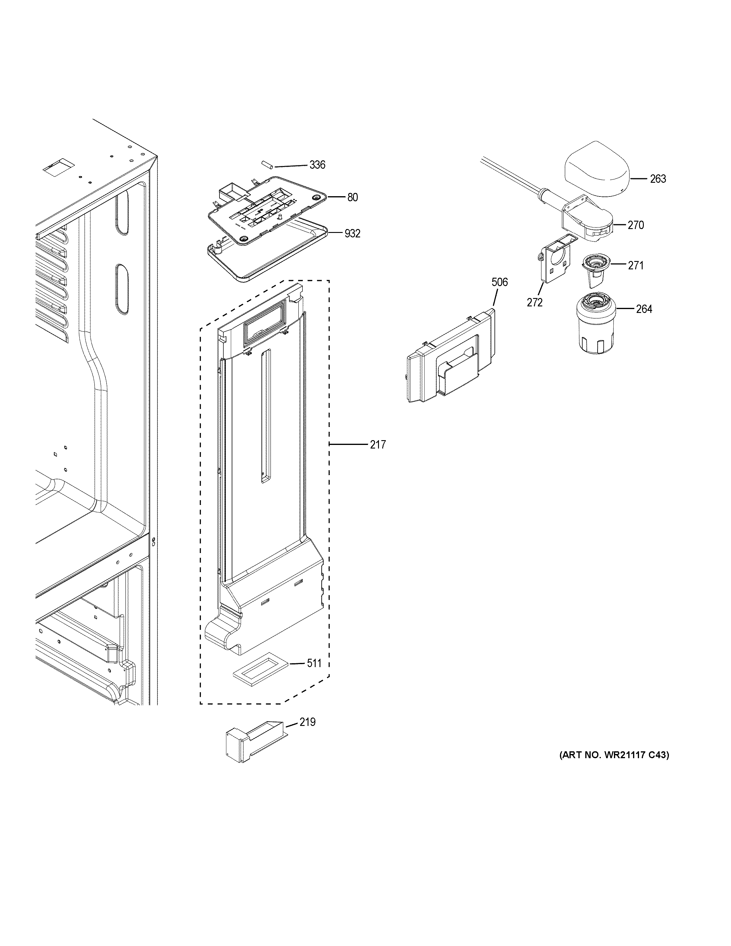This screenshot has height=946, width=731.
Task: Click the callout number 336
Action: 317,165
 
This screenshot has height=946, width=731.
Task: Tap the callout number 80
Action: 352,197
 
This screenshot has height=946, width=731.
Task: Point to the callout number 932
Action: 352,234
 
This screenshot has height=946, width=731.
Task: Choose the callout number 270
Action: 636,225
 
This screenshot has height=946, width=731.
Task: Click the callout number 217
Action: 378,444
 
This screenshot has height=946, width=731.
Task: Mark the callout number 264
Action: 644,309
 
